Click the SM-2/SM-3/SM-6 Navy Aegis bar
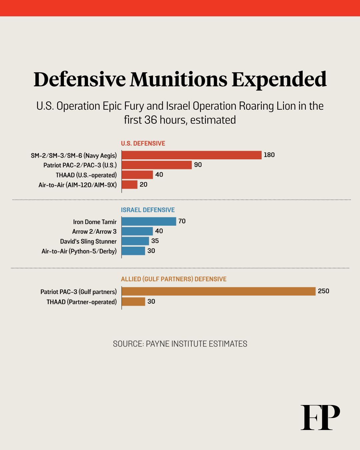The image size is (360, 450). click(192, 155)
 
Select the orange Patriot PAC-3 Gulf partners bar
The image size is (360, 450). click(218, 291)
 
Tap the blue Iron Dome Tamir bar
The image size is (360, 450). click(149, 221)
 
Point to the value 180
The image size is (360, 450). click(269, 155)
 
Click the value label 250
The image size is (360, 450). click(323, 291)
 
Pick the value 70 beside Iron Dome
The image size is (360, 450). click(182, 221)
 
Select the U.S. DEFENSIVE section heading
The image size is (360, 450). click(143, 143)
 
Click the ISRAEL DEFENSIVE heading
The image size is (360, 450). click(148, 210)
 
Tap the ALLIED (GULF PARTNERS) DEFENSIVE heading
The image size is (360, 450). click(174, 279)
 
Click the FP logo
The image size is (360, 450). click(320, 417)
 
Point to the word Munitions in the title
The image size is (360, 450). click(179, 79)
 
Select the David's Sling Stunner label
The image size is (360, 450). click(88, 241)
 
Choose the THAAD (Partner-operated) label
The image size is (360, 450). click(82, 302)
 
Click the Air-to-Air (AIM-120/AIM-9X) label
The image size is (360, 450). click(78, 185)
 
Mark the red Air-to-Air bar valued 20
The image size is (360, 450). click(130, 185)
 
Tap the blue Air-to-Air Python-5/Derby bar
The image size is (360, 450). click(134, 251)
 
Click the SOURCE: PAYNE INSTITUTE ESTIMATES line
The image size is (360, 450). click(180, 344)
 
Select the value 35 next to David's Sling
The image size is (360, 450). click(155, 241)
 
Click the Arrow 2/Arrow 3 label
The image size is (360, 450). click(94, 231)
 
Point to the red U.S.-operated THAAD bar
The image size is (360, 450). click(137, 175)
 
